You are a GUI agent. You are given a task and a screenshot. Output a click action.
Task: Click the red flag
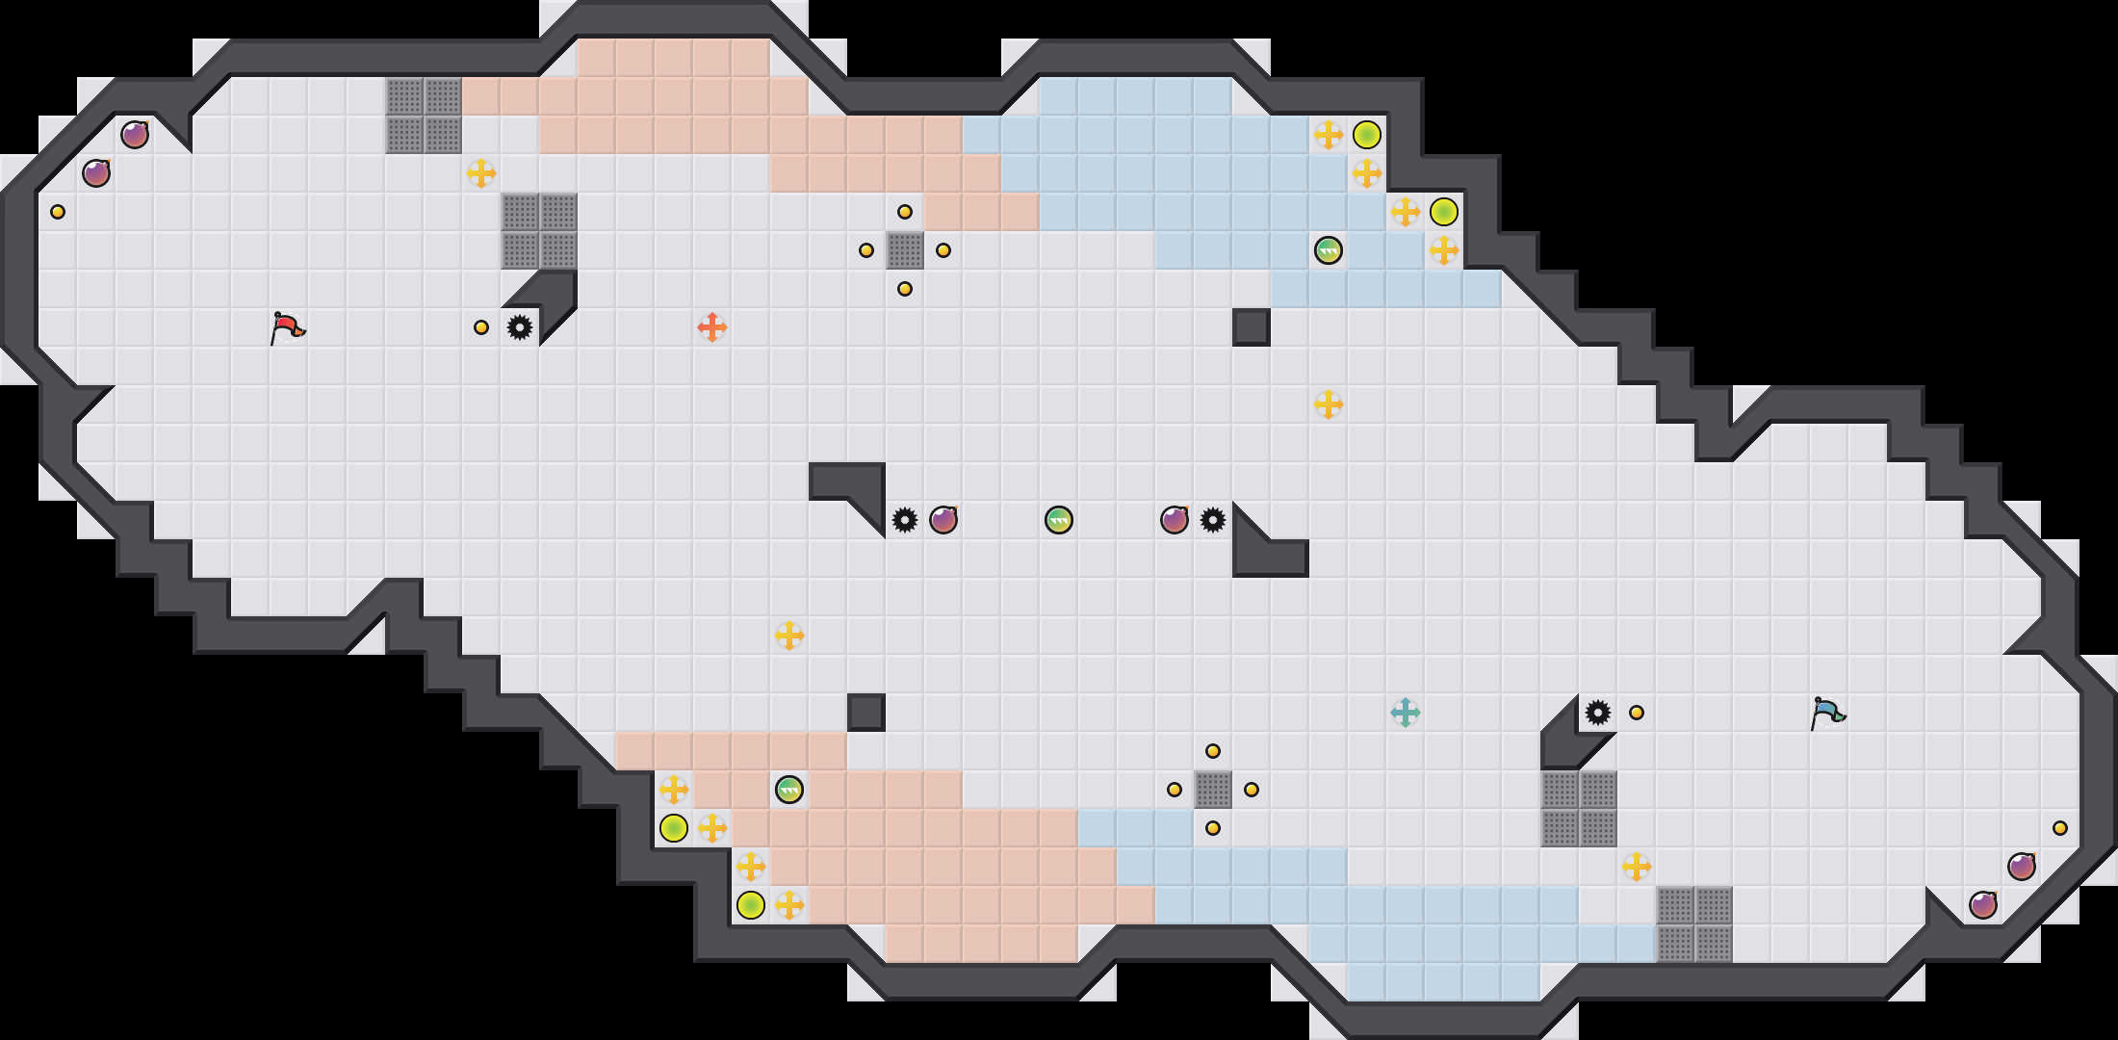click(x=287, y=327)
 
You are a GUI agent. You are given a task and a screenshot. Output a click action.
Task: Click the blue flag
click(x=1827, y=713)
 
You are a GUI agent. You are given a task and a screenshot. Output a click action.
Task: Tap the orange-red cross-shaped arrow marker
click(x=712, y=327)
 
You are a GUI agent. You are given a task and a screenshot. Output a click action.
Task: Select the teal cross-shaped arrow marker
click(x=1406, y=713)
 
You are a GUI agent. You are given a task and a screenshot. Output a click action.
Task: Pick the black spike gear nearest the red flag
click(x=520, y=327)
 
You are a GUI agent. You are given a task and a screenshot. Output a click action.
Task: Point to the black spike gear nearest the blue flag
click(x=1598, y=713)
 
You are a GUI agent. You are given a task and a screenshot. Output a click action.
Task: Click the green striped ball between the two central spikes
click(x=1059, y=520)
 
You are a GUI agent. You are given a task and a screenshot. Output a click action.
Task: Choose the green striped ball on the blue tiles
click(x=1329, y=250)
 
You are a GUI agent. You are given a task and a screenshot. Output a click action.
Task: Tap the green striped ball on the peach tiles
click(x=789, y=790)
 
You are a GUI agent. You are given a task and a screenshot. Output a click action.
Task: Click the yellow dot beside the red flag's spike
click(x=481, y=327)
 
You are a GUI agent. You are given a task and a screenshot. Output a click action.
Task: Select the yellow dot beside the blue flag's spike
click(x=1637, y=713)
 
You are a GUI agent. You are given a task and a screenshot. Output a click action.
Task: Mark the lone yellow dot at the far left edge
click(x=58, y=212)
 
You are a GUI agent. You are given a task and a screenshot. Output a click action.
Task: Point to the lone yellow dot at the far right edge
click(x=2060, y=828)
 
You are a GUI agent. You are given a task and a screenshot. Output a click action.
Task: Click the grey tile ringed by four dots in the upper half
click(x=905, y=250)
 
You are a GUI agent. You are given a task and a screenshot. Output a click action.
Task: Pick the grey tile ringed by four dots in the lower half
click(x=1213, y=790)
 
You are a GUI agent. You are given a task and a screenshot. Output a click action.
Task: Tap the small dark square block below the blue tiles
click(x=1252, y=327)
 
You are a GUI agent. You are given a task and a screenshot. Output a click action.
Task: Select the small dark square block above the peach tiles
click(x=866, y=713)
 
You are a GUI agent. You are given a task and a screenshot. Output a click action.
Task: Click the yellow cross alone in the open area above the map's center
click(x=1329, y=404)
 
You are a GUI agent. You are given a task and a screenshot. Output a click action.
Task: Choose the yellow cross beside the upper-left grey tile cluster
click(x=481, y=173)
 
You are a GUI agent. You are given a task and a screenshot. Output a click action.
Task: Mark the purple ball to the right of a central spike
click(x=943, y=520)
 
